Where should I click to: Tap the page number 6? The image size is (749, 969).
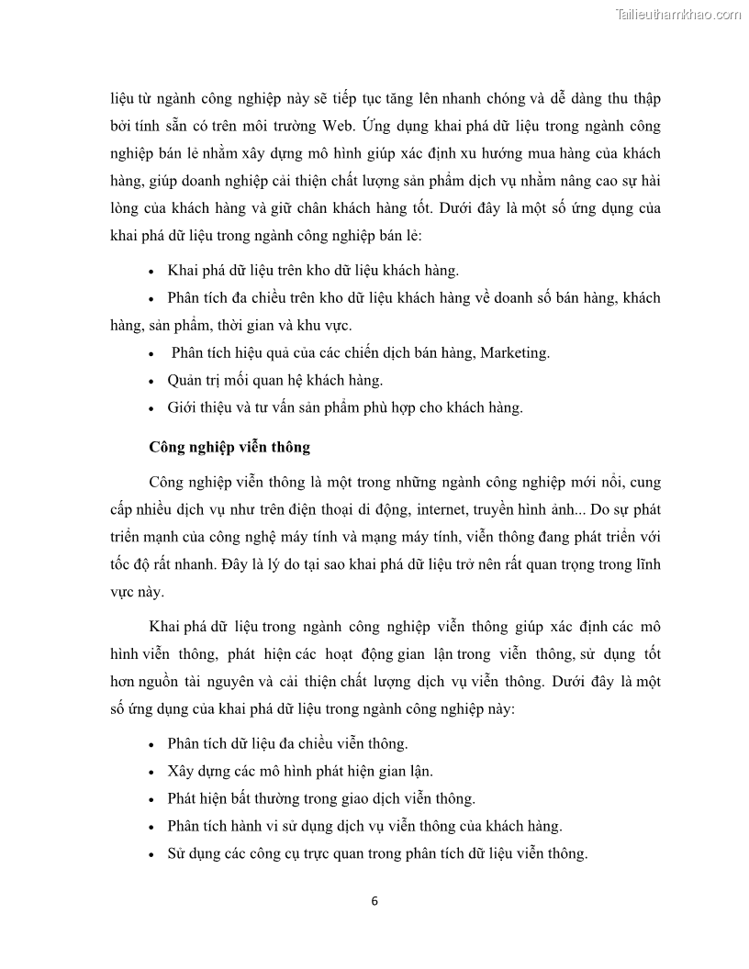(374, 900)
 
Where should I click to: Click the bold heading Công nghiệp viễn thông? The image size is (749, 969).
(229, 448)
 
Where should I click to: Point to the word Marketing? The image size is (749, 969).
(514, 352)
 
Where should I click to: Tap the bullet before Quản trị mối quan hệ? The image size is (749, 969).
(151, 380)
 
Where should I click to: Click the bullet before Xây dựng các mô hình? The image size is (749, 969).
(151, 771)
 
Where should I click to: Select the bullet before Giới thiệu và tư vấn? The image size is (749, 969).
(151, 407)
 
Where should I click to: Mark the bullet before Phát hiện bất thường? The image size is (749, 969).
(151, 798)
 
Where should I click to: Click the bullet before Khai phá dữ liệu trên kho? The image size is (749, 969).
(151, 271)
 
